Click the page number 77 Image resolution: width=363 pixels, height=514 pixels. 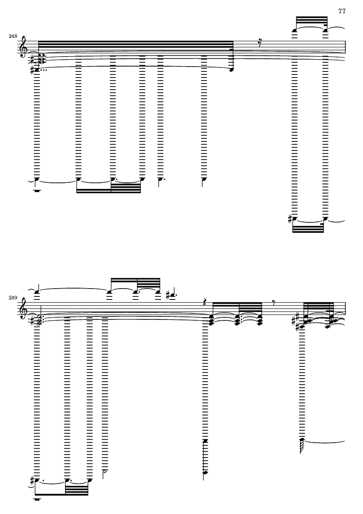[x=342, y=11]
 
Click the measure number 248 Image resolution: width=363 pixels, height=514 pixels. [x=13, y=36]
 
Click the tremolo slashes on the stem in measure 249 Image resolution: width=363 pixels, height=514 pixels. [x=302, y=447]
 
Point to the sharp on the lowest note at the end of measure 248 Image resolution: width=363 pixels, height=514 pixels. [x=290, y=218]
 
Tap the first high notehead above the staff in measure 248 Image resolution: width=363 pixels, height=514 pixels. [x=295, y=31]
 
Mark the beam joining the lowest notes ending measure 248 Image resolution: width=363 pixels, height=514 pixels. [x=308, y=229]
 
